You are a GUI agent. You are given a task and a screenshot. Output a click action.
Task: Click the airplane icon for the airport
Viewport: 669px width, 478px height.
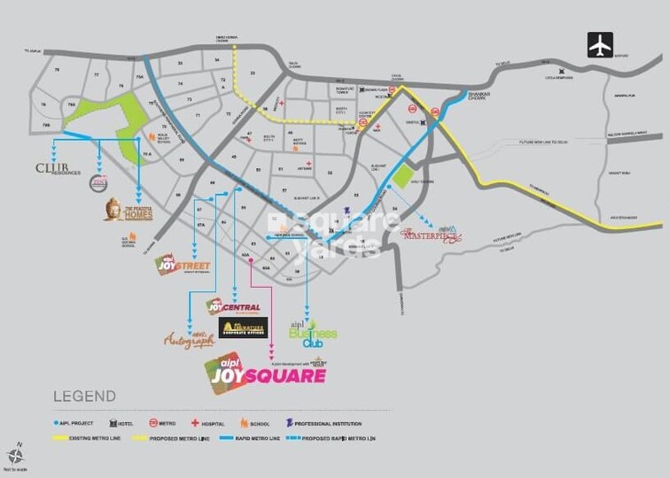point(600,44)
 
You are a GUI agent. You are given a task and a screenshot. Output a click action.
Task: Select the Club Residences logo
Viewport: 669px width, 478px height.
point(58,168)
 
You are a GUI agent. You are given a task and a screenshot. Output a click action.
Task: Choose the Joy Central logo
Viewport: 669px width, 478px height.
point(232,307)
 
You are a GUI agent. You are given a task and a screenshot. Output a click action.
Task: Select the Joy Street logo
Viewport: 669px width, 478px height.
point(178,264)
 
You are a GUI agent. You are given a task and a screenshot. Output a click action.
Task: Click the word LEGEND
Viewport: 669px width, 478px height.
point(84,396)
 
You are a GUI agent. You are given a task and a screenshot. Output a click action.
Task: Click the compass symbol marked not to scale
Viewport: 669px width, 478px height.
point(15,452)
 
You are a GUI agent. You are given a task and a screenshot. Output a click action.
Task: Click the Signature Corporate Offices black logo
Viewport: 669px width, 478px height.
point(243,328)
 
